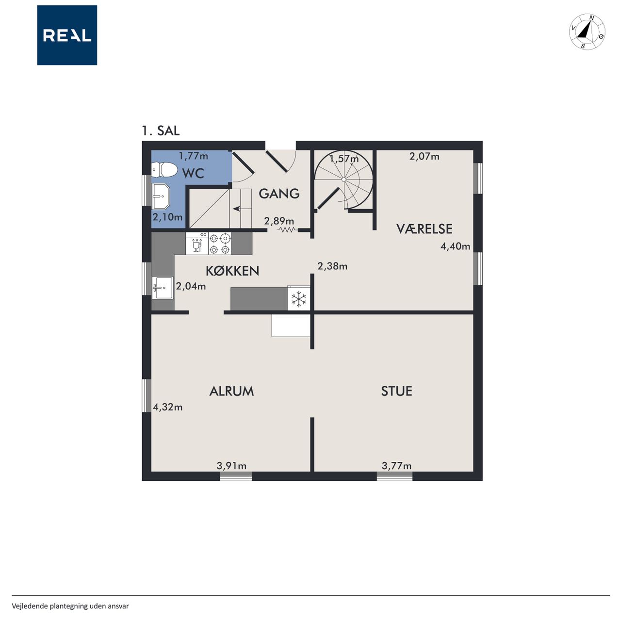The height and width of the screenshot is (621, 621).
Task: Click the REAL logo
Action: tap(67, 35)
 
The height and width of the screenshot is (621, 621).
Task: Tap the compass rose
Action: tap(587, 32)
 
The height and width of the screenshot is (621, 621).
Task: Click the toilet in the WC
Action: tap(164, 169)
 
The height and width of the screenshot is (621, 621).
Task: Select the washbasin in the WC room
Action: tap(161, 196)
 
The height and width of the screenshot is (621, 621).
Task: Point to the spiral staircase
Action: tap(344, 180)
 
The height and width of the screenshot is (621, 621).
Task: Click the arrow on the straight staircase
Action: tap(237, 209)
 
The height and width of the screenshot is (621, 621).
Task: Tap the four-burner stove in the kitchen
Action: tap(220, 244)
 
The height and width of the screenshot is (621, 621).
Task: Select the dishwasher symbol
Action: tap(197, 244)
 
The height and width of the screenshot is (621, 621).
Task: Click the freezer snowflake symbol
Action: tap(299, 299)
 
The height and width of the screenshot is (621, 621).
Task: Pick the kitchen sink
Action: tap(163, 288)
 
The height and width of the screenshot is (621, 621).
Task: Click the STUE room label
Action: tap(396, 391)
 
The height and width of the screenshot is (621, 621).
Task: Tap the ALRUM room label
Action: tap(231, 391)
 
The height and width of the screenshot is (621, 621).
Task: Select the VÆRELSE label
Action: tap(424, 229)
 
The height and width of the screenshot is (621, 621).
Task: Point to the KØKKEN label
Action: tap(232, 271)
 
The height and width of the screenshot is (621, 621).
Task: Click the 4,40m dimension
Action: tap(455, 246)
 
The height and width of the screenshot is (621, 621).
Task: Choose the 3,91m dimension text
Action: tap(231, 466)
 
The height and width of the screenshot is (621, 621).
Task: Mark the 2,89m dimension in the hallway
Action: tap(279, 221)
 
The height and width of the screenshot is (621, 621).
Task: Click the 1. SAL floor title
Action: tap(161, 131)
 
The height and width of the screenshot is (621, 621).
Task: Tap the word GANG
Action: tap(279, 194)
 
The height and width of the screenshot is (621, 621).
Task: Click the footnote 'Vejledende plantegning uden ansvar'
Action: tap(70, 606)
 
